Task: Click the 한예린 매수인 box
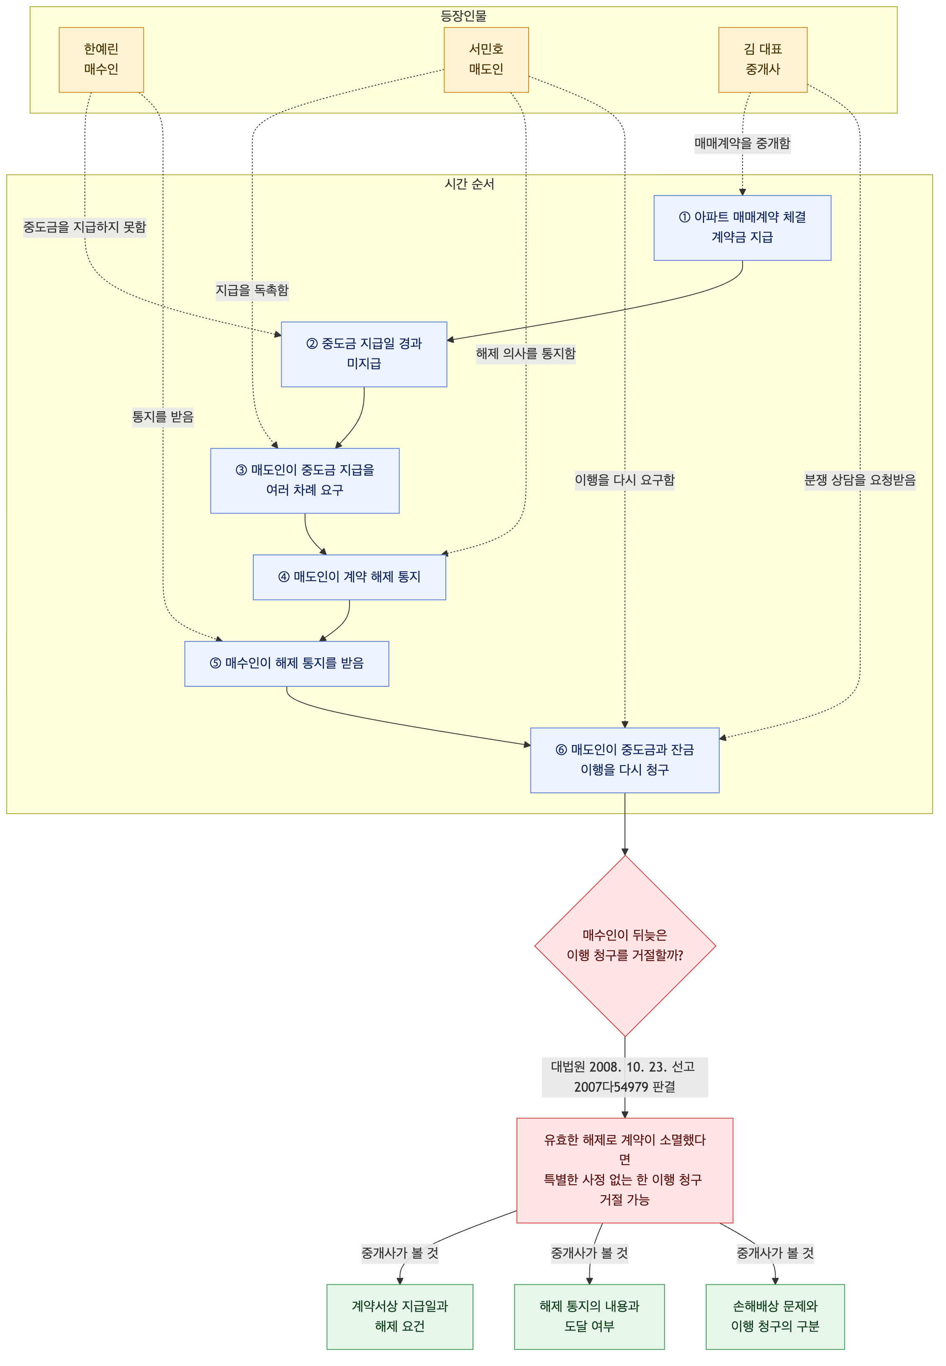coord(101,60)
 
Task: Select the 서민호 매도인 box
coord(486,60)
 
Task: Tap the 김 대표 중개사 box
coord(763,60)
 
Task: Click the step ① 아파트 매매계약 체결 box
coord(742,228)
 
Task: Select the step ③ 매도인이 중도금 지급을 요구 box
coord(305,481)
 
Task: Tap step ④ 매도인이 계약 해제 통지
coord(349,577)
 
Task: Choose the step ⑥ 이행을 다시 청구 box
coord(625,760)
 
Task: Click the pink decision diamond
coord(625,946)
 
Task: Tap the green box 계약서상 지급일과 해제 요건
coord(400,1317)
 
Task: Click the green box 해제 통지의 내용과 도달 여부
coord(589,1317)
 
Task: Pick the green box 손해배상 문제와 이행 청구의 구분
coord(775,1317)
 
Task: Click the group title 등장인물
coord(463,16)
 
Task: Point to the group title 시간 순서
coord(470,184)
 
